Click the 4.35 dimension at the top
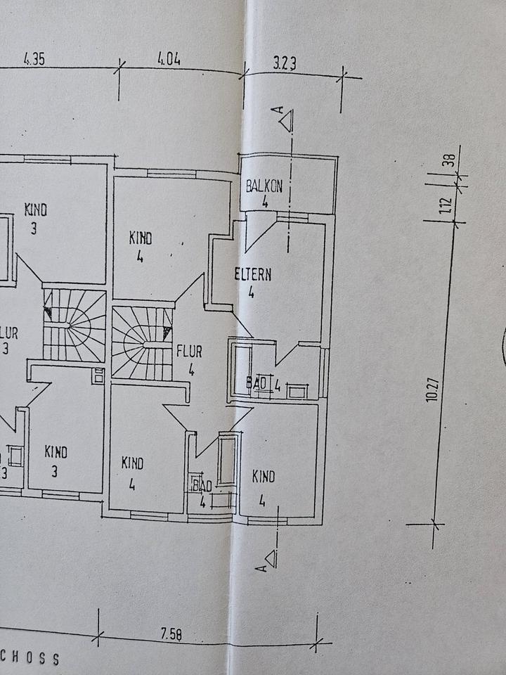click(x=34, y=60)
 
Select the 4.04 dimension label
click(x=169, y=60)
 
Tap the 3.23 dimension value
click(x=284, y=63)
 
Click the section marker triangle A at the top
click(x=285, y=120)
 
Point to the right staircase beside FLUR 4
click(x=142, y=343)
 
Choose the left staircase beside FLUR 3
click(x=74, y=324)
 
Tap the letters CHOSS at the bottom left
click(x=31, y=659)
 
